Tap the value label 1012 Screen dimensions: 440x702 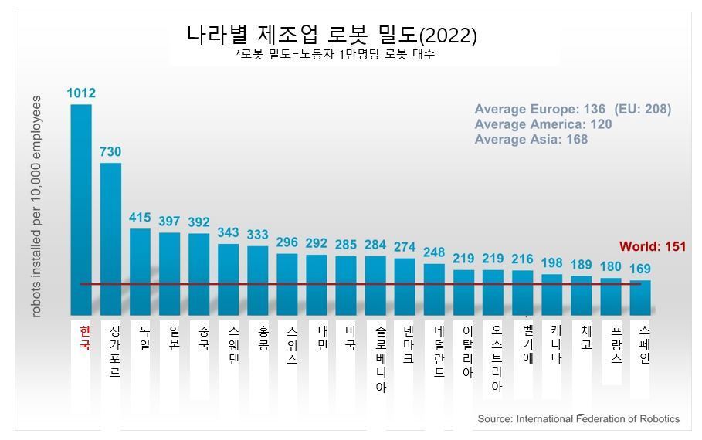click(81, 93)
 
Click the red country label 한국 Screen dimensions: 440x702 click(85, 337)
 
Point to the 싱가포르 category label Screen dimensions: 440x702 click(114, 351)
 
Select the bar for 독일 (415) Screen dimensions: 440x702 click(140, 271)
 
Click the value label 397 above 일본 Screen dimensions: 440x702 click(169, 222)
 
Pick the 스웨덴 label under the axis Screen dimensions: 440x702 click(233, 344)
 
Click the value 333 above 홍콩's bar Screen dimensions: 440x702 click(257, 235)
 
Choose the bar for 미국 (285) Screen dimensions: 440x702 click(345, 285)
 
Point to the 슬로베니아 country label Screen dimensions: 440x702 click(380, 358)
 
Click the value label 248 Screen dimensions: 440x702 click(434, 252)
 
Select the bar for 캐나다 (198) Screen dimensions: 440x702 click(551, 294)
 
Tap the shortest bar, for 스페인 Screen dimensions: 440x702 click(640, 297)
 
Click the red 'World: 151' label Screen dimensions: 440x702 click(652, 247)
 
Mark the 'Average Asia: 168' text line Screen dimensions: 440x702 click(531, 140)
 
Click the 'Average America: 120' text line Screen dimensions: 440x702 click(543, 124)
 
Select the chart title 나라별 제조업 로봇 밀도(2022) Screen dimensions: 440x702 click(331, 36)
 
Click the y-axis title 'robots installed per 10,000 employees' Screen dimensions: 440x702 click(37, 206)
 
